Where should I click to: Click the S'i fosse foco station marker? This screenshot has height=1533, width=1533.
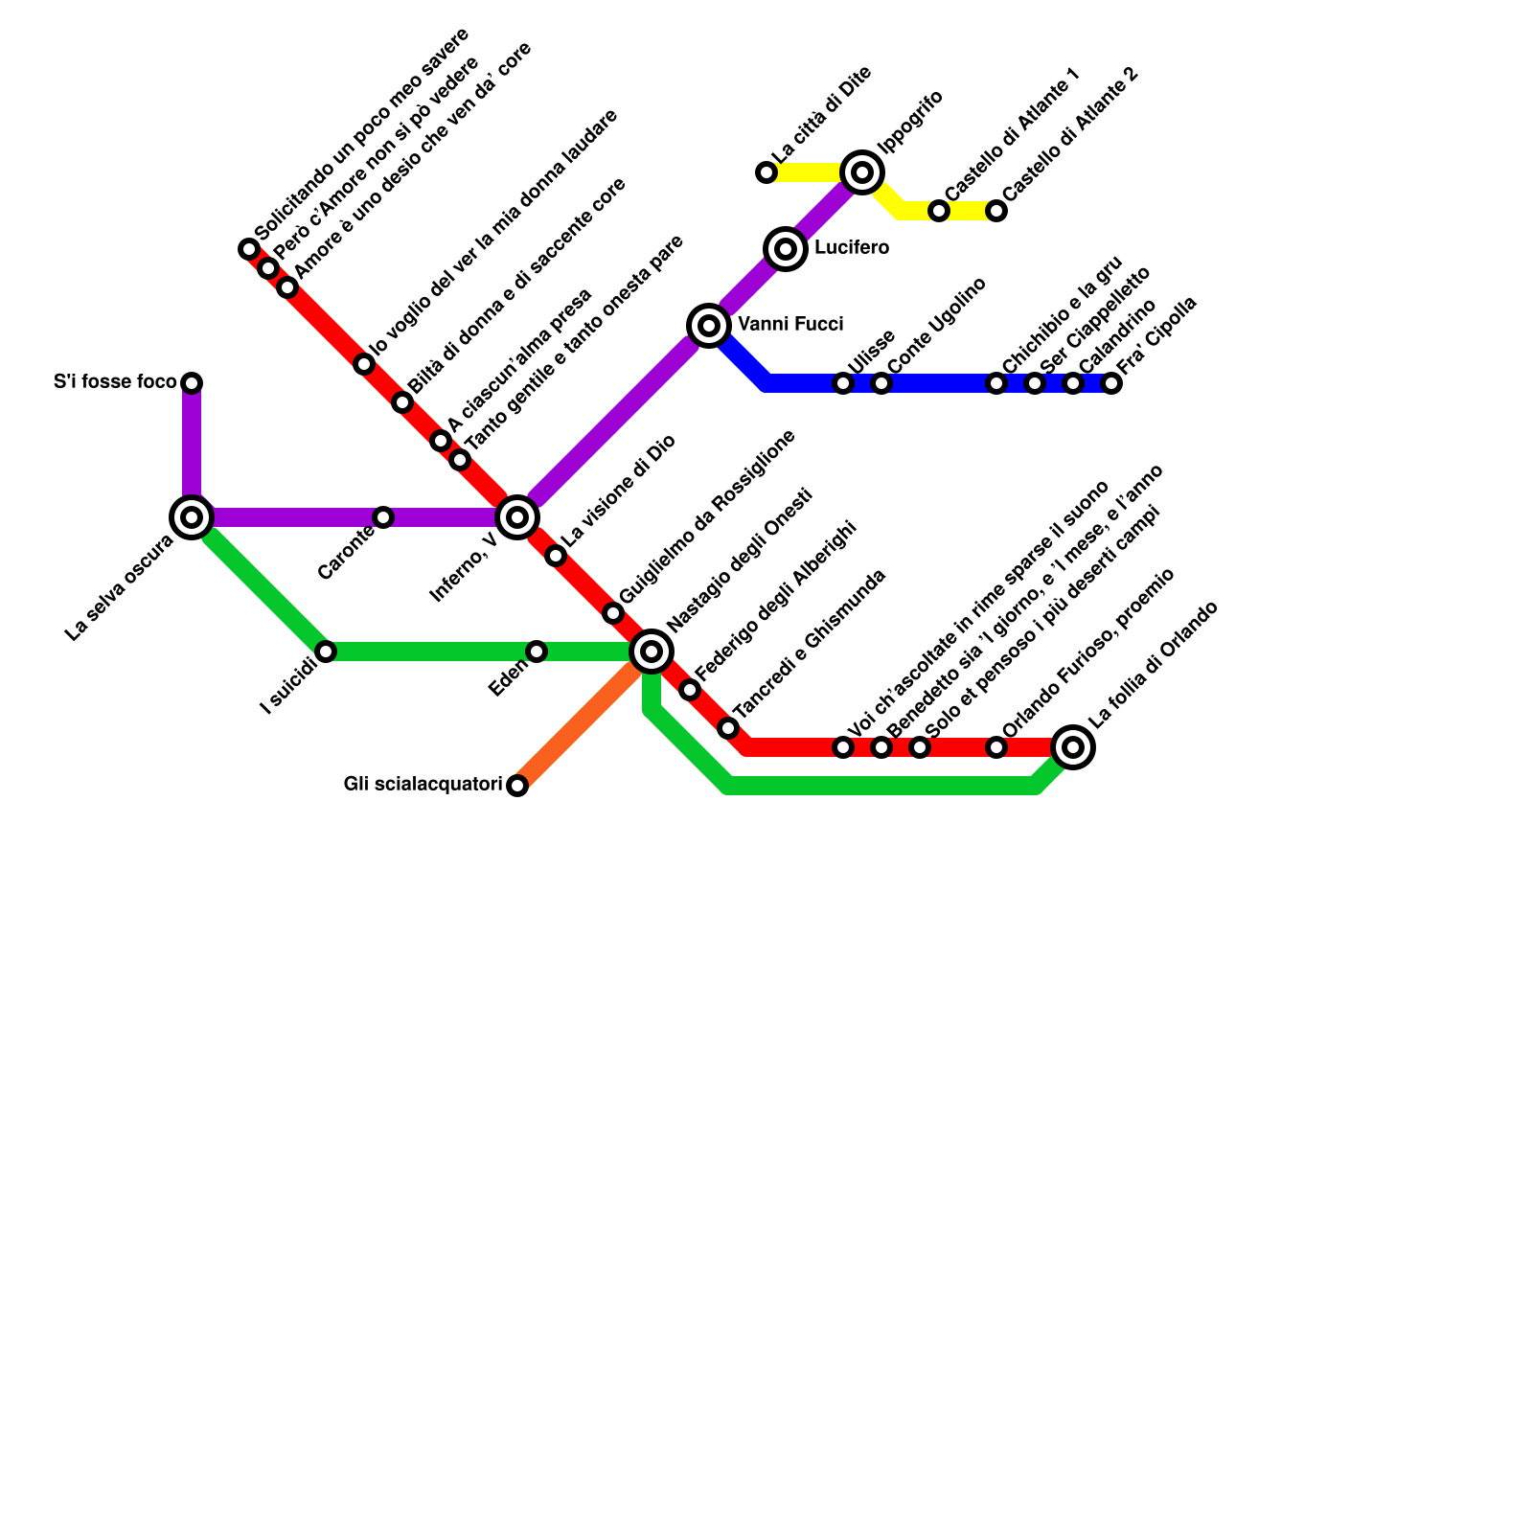coord(192,383)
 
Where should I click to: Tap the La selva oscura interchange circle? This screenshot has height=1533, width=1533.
coord(192,517)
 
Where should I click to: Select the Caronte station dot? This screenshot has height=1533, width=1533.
coord(383,517)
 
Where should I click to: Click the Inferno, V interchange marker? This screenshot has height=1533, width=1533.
coord(517,517)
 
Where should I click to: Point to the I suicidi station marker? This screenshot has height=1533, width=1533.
coord(326,652)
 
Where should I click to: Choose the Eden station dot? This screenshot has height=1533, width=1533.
coord(537,652)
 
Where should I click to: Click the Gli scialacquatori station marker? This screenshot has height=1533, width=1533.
coord(517,786)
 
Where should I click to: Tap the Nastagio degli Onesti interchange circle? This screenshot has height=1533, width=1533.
coord(652,652)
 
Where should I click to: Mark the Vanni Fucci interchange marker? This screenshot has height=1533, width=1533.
coord(709,326)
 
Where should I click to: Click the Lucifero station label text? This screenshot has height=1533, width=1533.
coord(851,249)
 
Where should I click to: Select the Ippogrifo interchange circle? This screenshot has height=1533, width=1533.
coord(862,172)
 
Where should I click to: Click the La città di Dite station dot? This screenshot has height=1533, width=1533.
coord(766,172)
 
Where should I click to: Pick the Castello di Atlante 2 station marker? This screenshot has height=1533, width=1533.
coord(996,211)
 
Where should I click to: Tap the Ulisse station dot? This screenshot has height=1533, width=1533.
coord(843,383)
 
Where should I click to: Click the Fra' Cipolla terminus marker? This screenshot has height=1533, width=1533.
coord(1111,383)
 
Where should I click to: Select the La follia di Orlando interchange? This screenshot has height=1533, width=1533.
coord(1073,747)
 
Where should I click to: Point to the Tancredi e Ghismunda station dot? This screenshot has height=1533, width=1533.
coord(728,728)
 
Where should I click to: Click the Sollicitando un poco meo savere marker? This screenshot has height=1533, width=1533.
coord(249,249)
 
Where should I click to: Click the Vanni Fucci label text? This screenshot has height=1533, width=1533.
coord(790,326)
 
